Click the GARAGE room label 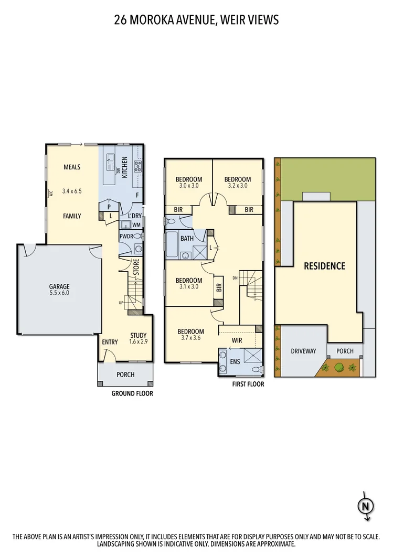[59, 286]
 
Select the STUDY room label [138, 336]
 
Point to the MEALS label [72, 167]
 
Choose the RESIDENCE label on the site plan [325, 266]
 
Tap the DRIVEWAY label [303, 351]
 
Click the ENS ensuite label [234, 362]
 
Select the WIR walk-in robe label [237, 340]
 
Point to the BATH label [187, 239]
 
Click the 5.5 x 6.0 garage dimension [59, 293]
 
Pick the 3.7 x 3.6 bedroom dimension [190, 338]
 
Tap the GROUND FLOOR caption [132, 393]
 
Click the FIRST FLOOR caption [248, 384]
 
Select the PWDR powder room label [126, 237]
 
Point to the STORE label [136, 269]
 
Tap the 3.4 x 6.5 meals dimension [72, 191]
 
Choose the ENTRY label [110, 343]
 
